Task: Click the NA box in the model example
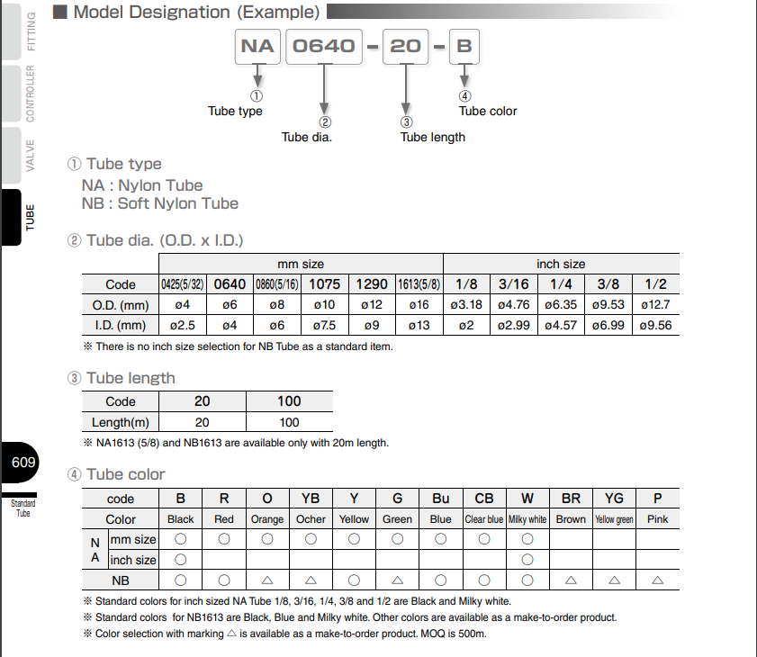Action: (x=257, y=46)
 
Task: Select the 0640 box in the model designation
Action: (x=324, y=46)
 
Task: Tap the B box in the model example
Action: (x=464, y=46)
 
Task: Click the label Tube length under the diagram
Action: (x=433, y=137)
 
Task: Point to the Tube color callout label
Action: (x=488, y=111)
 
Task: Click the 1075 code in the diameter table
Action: (x=324, y=284)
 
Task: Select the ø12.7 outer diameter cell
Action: (x=656, y=305)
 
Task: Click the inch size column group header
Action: (x=561, y=265)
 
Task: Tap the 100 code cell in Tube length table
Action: (x=289, y=401)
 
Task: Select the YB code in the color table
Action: (x=311, y=499)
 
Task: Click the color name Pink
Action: (x=657, y=519)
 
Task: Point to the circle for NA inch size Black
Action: (x=181, y=560)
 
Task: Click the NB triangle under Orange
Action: (x=267, y=580)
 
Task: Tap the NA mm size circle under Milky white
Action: (x=527, y=539)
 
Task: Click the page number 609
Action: (x=23, y=463)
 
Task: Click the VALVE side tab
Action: (x=30, y=155)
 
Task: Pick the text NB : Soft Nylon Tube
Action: (x=160, y=203)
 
